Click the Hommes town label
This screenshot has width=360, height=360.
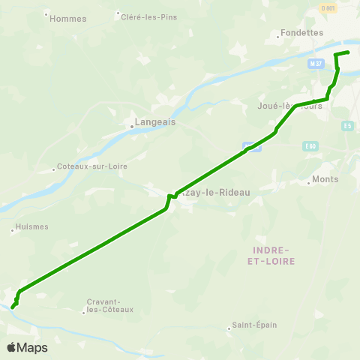click(67, 19)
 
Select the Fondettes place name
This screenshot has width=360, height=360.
click(301, 33)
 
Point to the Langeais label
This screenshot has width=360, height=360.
click(154, 120)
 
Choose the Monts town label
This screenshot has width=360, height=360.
click(325, 179)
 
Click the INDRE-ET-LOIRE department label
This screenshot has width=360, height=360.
click(271, 254)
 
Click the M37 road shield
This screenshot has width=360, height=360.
click(316, 64)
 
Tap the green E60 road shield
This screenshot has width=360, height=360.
click(311, 146)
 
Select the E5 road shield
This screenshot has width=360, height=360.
click(346, 126)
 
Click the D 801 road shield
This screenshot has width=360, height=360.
click(327, 7)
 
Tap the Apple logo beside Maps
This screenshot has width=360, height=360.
click(12, 347)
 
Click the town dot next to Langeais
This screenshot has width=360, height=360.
click(131, 126)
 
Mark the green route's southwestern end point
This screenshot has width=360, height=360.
click(13, 307)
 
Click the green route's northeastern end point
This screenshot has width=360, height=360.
click(349, 52)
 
